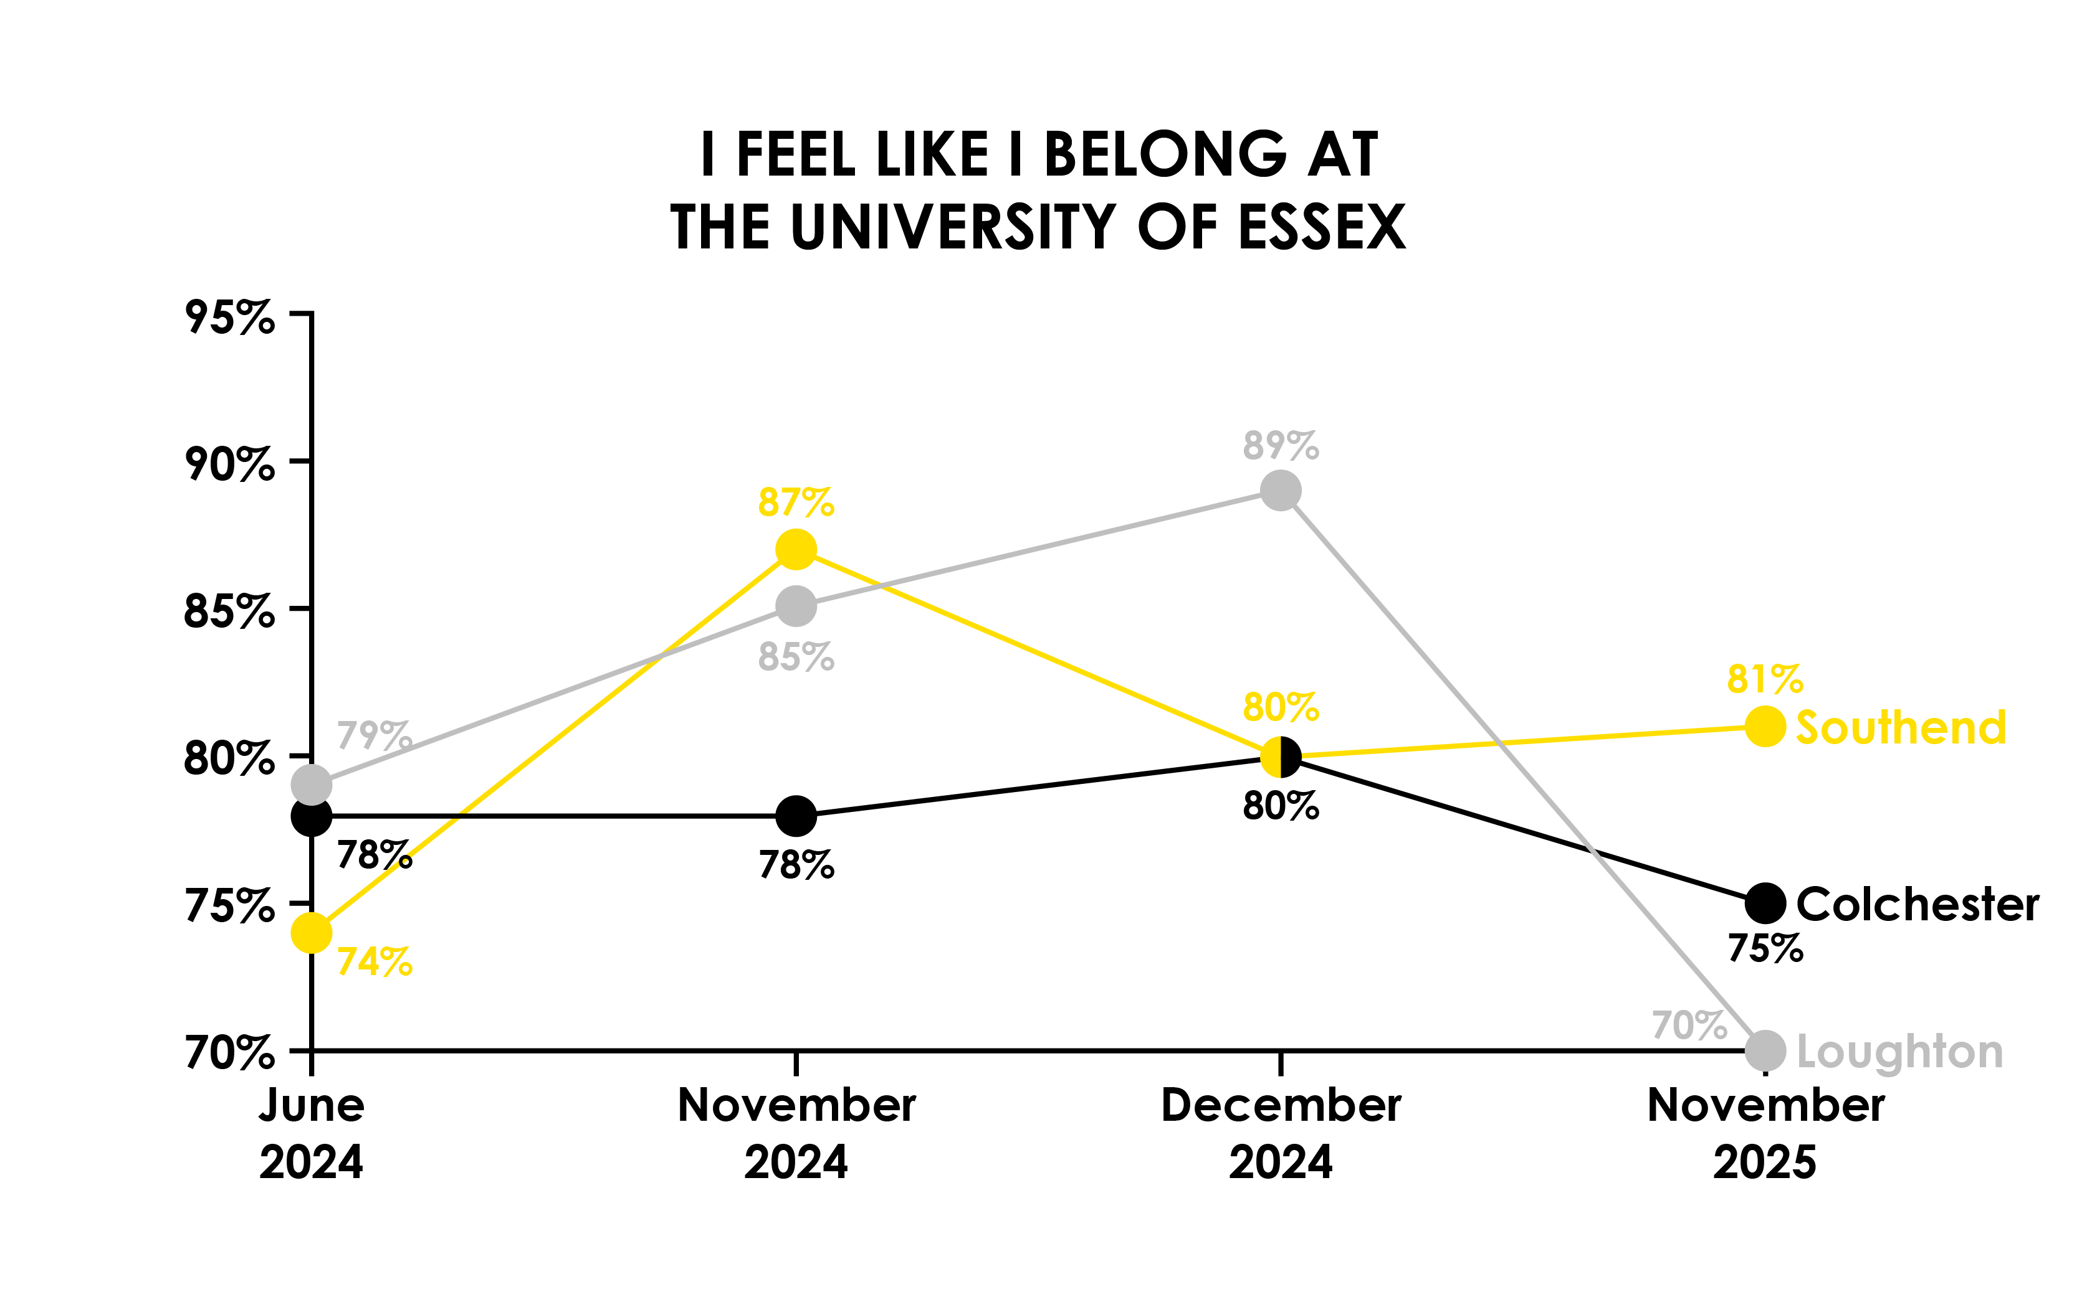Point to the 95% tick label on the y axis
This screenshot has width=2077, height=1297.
tap(229, 318)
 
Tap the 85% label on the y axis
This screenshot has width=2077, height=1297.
tap(229, 611)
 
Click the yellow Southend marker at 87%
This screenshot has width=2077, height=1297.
tap(796, 549)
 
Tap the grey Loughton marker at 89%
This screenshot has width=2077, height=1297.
tap(1281, 491)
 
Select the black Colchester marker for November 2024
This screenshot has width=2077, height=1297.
tap(796, 815)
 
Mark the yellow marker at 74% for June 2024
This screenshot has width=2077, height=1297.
tap(312, 933)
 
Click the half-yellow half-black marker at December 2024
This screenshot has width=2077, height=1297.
tap(1281, 757)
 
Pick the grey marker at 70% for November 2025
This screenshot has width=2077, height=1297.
tap(1765, 1050)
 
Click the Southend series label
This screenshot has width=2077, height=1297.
tap(1901, 727)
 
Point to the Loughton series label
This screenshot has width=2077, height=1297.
tap(1899, 1052)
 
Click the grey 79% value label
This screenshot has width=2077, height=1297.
tap(374, 735)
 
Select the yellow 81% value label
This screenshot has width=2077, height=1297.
tap(1765, 679)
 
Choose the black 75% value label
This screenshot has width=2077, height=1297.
tap(1765, 948)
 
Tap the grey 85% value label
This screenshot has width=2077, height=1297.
tap(796, 657)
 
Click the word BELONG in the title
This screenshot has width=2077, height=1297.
tap(1165, 155)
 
